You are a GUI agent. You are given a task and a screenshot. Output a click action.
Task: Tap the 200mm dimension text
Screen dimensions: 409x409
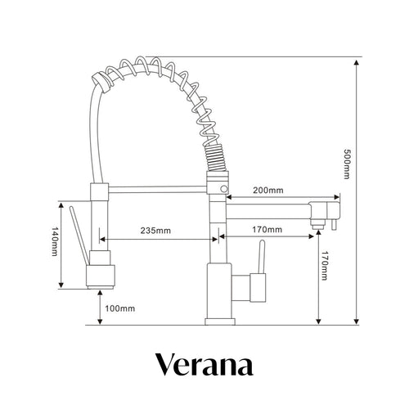[267, 191]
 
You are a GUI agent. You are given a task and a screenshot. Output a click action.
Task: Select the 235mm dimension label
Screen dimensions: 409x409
[155, 231]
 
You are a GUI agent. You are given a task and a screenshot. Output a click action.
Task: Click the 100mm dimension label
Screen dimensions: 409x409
[119, 308]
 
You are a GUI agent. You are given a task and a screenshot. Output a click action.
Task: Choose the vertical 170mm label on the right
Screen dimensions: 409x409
[325, 267]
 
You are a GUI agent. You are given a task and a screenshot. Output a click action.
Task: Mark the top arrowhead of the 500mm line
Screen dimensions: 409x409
[357, 61]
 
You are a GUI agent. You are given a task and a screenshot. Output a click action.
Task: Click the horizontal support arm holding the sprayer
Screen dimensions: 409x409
[155, 189]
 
